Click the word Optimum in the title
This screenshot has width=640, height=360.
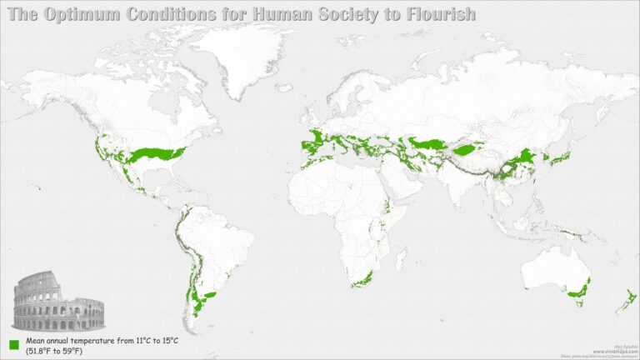[82, 14]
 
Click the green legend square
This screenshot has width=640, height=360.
[14, 344]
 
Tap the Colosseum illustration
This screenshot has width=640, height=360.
[57, 303]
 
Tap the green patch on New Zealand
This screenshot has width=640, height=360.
[631, 297]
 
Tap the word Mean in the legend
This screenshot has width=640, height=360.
[37, 341]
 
